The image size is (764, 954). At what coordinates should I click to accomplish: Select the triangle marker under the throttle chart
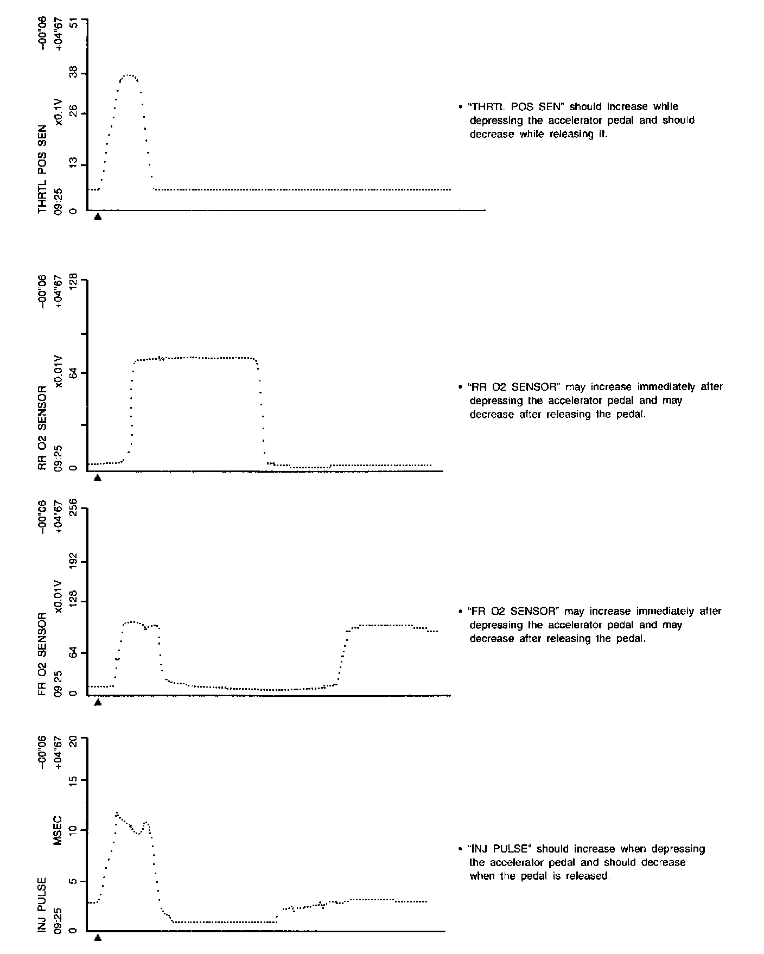click(98, 217)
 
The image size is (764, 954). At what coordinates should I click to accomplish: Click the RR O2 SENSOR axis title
click(43, 428)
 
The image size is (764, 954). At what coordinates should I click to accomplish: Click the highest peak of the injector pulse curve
click(116, 813)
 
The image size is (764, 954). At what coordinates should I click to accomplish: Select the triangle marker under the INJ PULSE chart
click(98, 937)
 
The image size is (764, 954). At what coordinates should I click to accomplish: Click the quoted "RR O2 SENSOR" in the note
click(514, 387)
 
